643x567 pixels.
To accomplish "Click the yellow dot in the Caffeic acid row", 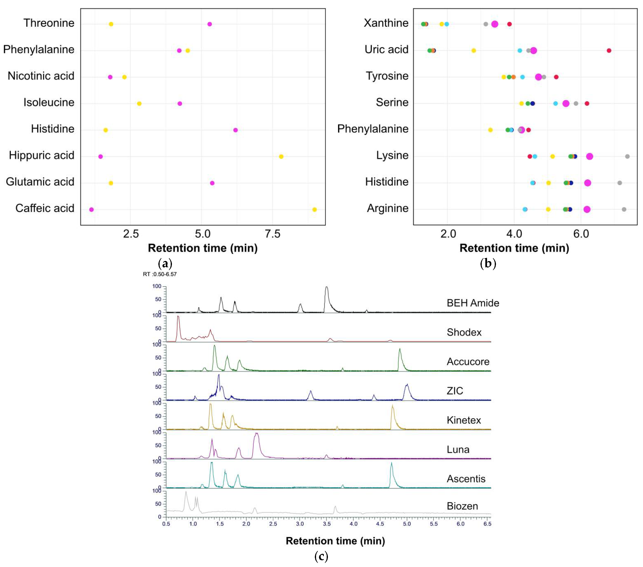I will (314, 210).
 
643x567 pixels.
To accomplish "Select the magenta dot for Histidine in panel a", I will (235, 130).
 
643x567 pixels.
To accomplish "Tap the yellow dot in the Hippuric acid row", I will (281, 157).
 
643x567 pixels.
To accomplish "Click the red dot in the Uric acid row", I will (609, 51).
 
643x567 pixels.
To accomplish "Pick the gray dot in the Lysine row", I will (627, 157).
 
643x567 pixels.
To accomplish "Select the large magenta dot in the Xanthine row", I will (495, 24).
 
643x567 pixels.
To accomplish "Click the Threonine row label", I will (49, 23).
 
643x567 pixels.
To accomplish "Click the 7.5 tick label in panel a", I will (272, 234).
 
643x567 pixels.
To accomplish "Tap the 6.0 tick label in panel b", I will (581, 234).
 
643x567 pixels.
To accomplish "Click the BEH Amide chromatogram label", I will (473, 303).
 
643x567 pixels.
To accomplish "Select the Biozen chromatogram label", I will (462, 506).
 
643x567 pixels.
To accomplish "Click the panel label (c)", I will (321, 556).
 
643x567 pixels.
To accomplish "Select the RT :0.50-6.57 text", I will (160, 274).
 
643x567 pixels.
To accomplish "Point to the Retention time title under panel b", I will (514, 248).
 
